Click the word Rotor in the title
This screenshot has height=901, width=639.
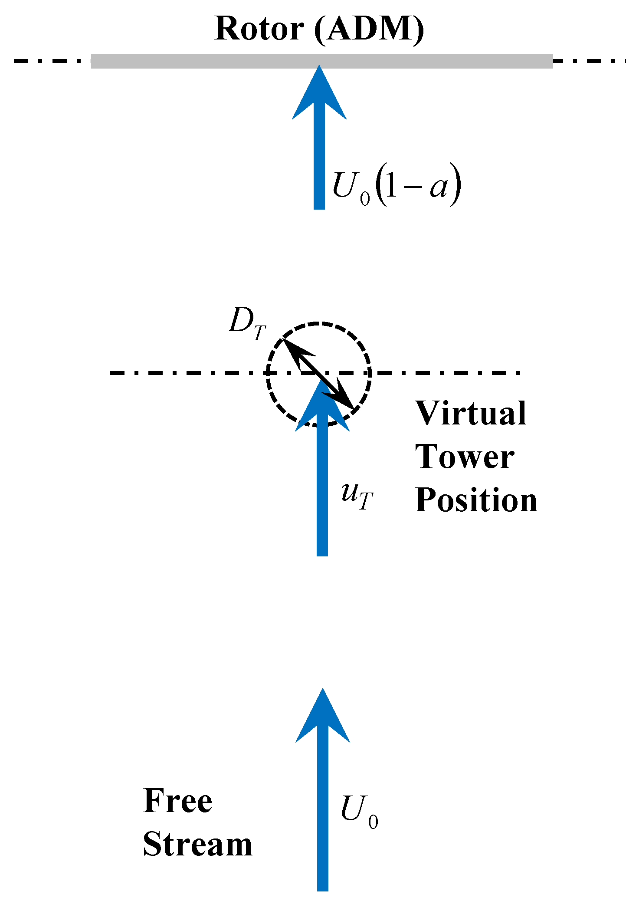tap(259, 29)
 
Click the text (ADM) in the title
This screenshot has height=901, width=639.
tap(369, 30)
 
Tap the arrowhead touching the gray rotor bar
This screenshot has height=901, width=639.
tap(319, 93)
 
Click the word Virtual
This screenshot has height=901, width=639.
tap(471, 413)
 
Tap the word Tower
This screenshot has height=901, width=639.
tap(465, 457)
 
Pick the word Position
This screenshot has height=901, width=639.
tap(476, 500)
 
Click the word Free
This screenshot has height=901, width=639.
tap(178, 801)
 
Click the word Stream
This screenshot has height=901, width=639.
tap(197, 845)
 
